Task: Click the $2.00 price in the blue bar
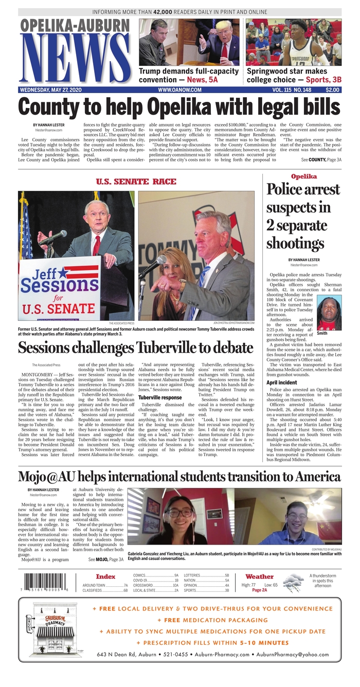tap(332, 89)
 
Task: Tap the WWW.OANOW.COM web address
tap(179, 89)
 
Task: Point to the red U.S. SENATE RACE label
tap(136, 182)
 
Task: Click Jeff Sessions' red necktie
tap(96, 245)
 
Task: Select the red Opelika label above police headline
tap(303, 176)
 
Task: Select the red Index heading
tap(105, 576)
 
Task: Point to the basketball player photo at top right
tap(293, 43)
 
